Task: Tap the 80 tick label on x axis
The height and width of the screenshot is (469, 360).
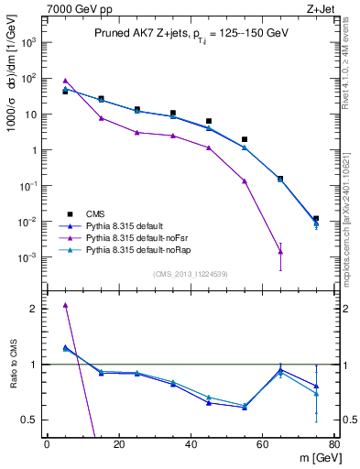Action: (x=334, y=444)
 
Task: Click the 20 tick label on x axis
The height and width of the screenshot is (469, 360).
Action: (x=119, y=444)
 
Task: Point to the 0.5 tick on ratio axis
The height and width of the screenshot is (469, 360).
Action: (x=33, y=420)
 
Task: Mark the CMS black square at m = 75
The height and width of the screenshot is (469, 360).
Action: (x=316, y=219)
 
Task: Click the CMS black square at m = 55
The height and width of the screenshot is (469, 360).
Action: (x=245, y=139)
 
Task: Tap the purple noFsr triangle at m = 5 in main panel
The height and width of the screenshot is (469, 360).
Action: (x=65, y=81)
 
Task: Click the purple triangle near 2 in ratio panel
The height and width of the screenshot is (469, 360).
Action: (x=65, y=305)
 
